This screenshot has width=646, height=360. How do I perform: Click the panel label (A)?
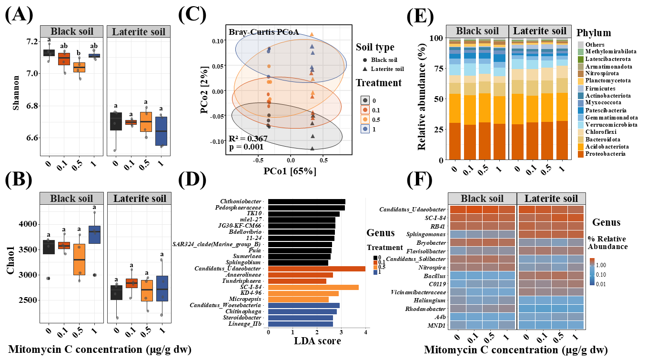(20, 15)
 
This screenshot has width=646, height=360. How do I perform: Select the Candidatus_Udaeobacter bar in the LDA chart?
(316, 269)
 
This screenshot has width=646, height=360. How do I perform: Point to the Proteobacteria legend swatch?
(580, 154)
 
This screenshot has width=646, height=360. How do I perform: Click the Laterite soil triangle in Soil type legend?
(364, 69)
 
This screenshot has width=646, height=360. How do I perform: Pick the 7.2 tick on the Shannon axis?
(31, 41)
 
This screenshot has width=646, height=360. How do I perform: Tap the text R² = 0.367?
(248, 139)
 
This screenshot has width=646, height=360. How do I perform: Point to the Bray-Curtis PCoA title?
(263, 32)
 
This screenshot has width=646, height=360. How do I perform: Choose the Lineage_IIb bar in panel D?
(300, 324)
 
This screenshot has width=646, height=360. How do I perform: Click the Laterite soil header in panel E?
(538, 31)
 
